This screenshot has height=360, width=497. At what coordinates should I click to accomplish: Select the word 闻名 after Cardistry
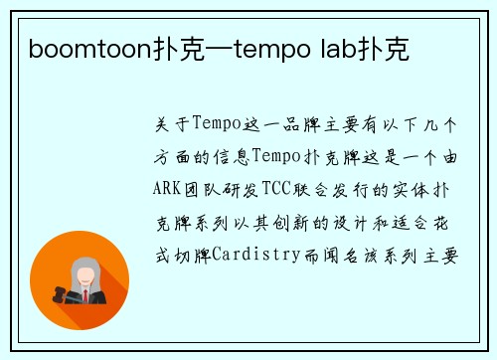point(335,255)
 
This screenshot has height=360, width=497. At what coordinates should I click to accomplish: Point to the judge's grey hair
point(83,268)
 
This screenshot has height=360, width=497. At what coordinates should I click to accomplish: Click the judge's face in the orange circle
point(84,274)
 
